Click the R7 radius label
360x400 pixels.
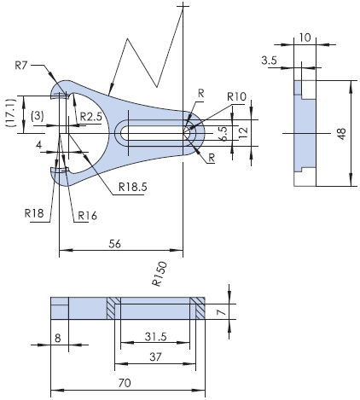(x=23, y=65)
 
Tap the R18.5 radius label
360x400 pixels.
(x=134, y=186)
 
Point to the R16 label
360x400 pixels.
(x=88, y=215)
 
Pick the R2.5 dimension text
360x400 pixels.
(x=91, y=116)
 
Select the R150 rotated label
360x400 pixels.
(x=158, y=273)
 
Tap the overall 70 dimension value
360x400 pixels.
(x=125, y=383)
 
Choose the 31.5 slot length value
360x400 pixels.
(x=154, y=335)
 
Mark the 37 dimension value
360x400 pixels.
(x=154, y=356)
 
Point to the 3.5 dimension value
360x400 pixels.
(x=270, y=60)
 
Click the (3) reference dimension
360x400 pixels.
(x=37, y=115)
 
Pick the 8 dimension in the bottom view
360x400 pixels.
(x=58, y=338)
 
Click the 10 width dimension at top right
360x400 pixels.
(x=305, y=38)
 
